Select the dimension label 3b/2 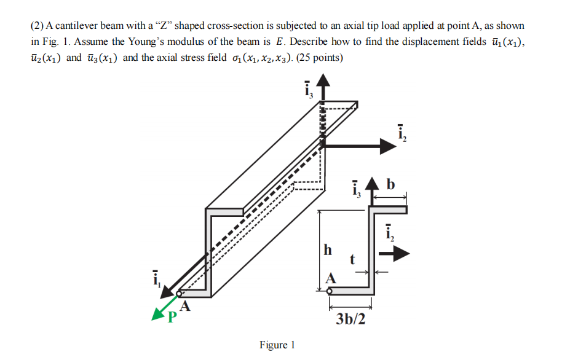tap(350, 319)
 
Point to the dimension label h tap(327, 249)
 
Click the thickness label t tap(352, 260)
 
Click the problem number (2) tap(36, 26)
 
